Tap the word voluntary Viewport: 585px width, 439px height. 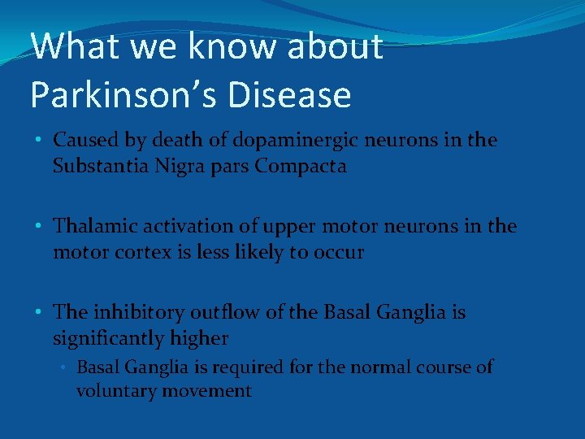coord(112,391)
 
